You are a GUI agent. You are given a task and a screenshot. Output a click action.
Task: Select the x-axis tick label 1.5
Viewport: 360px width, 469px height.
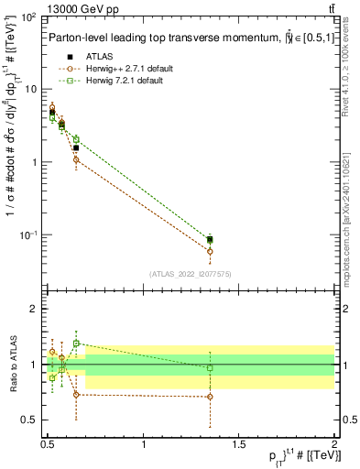click(239, 444)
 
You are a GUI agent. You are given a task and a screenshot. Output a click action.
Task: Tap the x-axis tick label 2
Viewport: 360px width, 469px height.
click(334, 444)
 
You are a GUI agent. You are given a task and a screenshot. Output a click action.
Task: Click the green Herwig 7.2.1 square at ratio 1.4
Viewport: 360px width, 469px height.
click(76, 344)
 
